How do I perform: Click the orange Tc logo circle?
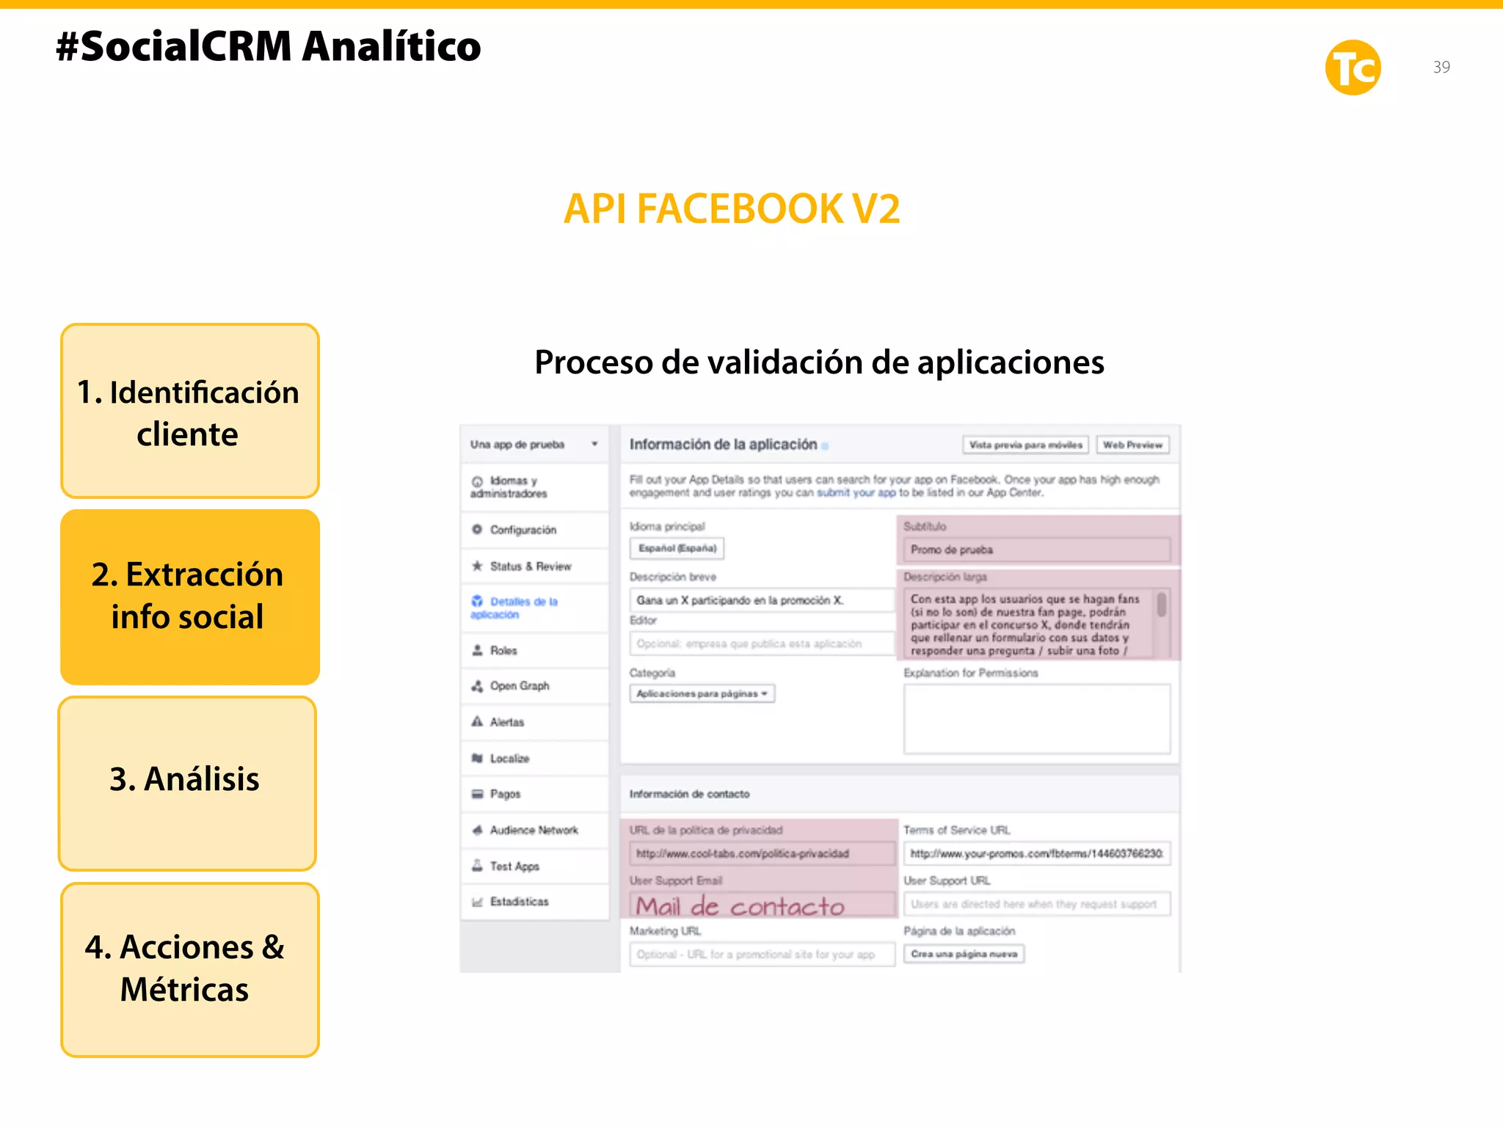(x=1353, y=68)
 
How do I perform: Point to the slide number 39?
(x=1441, y=68)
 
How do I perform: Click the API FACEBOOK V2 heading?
(x=732, y=209)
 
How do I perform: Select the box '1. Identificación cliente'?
(x=189, y=412)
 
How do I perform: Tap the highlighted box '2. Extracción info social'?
(x=189, y=597)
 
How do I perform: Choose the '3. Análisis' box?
(x=187, y=782)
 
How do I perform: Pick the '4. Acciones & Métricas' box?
(x=189, y=969)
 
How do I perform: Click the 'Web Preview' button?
(x=1132, y=445)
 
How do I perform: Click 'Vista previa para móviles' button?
(x=1025, y=445)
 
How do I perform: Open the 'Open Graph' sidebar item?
(x=520, y=686)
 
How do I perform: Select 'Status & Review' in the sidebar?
(x=530, y=566)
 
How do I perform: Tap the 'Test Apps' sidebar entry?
(x=514, y=867)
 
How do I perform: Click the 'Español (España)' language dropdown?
(x=677, y=548)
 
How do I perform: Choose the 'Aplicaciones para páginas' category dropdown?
(x=702, y=693)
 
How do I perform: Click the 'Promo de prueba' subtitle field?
(x=1036, y=550)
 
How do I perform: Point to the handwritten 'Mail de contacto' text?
(x=740, y=906)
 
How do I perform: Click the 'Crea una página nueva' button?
(x=964, y=954)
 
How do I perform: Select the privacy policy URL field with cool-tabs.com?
(x=761, y=853)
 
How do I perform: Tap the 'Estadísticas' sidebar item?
(x=519, y=902)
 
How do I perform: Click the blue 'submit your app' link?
(x=856, y=493)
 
